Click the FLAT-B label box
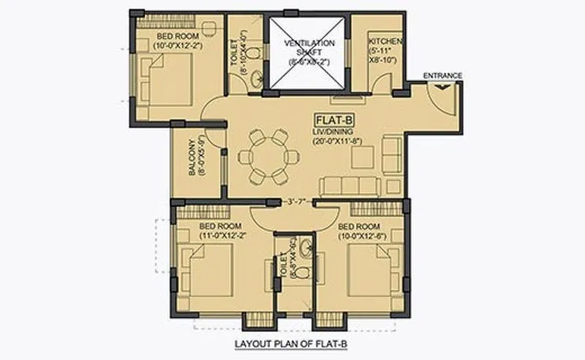[333, 119]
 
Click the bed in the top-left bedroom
[167, 79]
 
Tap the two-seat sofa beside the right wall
[393, 156]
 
